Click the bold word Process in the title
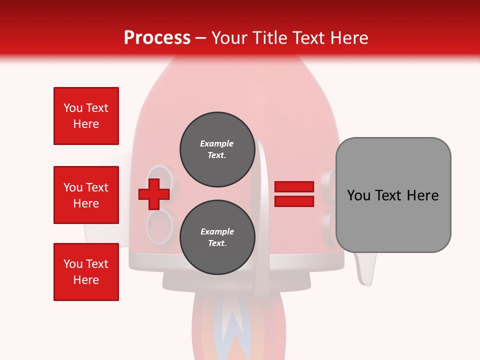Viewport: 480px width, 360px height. tap(157, 38)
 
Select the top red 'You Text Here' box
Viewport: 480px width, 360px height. tap(86, 116)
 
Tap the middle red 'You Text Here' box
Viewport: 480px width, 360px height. tap(86, 195)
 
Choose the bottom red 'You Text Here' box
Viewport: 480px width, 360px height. tap(86, 272)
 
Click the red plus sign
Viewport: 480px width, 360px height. tap(154, 194)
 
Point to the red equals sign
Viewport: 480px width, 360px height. tap(294, 194)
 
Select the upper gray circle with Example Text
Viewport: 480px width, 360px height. tap(217, 149)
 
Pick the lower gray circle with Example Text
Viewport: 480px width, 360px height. tap(217, 237)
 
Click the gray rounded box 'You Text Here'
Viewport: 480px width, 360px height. tap(393, 195)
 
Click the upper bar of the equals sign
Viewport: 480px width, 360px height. tap(294, 187)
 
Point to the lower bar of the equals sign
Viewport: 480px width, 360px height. tap(294, 201)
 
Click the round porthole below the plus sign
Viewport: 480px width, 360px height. tap(159, 226)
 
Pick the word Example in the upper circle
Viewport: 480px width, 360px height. tap(217, 143)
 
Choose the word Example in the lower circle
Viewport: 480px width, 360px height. tap(217, 231)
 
